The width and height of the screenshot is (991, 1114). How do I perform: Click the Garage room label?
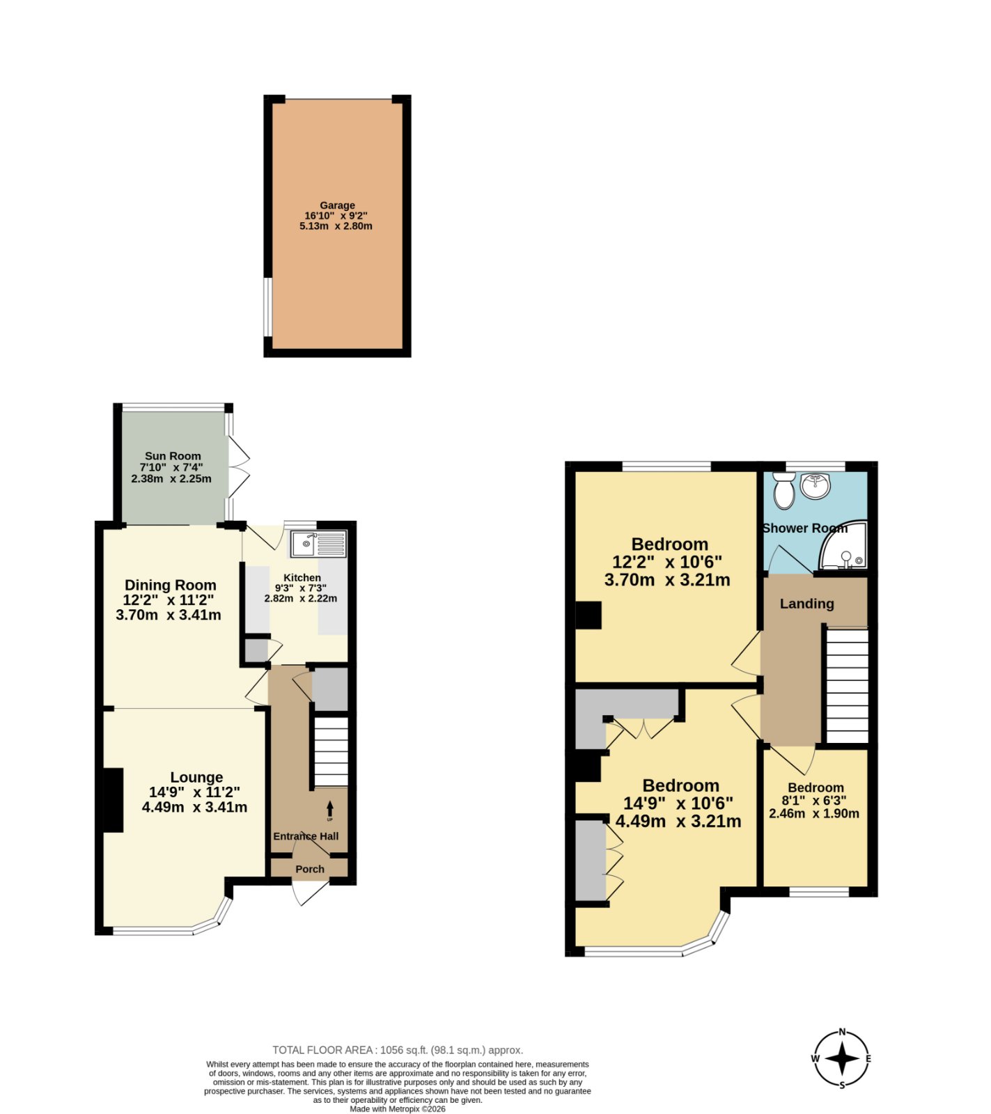[337, 205]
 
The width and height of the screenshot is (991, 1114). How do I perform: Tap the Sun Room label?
[173, 456]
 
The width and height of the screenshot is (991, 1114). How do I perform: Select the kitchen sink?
[318, 544]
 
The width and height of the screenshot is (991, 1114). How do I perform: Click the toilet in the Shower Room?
[785, 490]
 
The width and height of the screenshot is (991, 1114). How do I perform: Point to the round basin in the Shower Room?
[815, 485]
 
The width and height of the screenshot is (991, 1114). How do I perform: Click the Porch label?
[310, 869]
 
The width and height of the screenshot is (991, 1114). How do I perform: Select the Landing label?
[806, 604]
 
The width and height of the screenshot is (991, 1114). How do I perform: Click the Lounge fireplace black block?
[114, 800]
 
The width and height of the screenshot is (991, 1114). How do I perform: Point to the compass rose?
[842, 1059]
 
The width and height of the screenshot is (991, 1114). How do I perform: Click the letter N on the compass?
[842, 1033]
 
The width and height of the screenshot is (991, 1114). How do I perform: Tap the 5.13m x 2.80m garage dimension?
[336, 226]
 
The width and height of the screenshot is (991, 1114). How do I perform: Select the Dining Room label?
[171, 585]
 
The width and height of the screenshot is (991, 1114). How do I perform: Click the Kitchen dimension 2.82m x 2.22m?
[301, 598]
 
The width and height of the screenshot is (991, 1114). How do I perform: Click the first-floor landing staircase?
[847, 686]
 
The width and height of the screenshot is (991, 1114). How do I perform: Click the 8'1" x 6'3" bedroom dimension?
[814, 801]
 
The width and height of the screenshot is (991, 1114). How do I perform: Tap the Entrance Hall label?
[306, 836]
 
